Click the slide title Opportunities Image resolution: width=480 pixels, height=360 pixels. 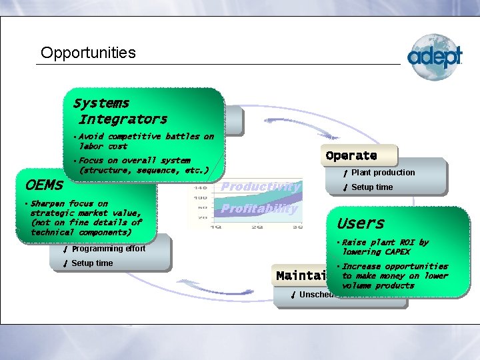pos(88,53)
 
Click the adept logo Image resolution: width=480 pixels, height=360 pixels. pos(435,57)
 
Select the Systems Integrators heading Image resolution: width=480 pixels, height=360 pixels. pos(120,111)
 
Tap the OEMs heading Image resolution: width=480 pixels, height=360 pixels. pos(44,185)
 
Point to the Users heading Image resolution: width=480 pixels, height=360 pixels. pos(361,223)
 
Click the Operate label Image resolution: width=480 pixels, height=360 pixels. pos(351,156)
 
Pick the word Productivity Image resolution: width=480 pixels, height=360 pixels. pos(261,187)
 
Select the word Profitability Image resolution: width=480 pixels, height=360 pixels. pos(259,209)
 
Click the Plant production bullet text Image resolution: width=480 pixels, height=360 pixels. pos(383,173)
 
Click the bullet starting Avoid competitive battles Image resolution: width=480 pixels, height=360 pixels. pos(146,141)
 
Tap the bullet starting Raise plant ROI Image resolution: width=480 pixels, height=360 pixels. pos(385,247)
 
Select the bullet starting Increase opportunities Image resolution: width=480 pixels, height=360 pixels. pos(394,275)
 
